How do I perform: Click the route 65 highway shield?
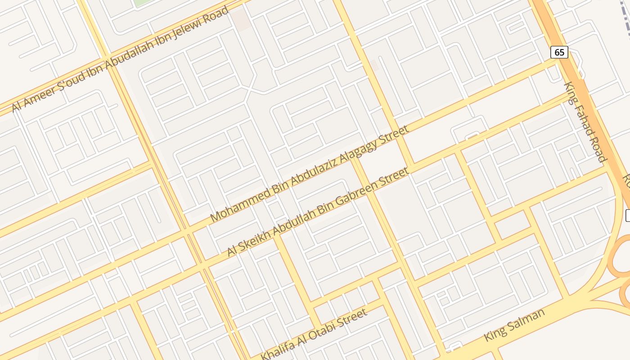point(559,52)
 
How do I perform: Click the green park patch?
point(142,2)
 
